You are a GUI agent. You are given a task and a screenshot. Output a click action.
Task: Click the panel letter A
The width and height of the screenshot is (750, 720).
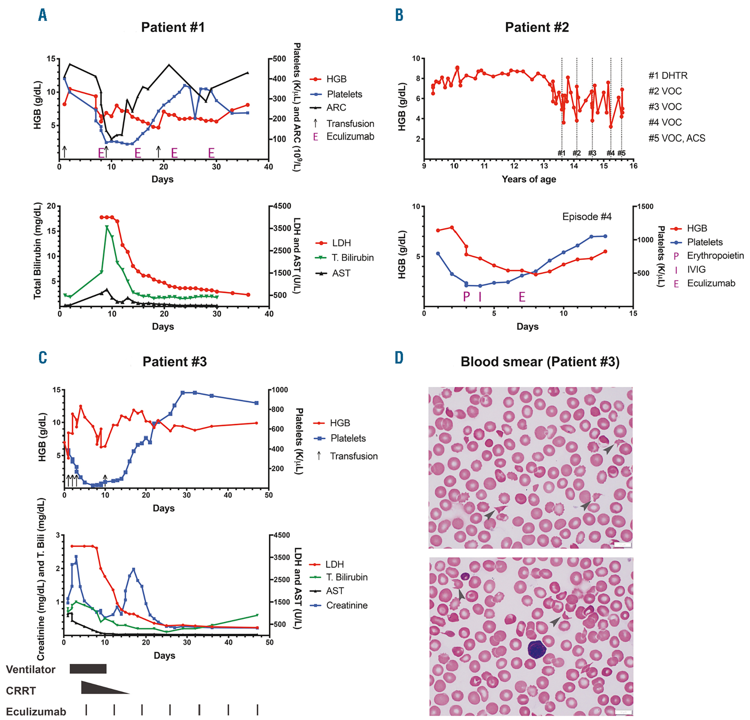[42, 15]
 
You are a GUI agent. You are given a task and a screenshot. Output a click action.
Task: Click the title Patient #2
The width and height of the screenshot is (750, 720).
[537, 27]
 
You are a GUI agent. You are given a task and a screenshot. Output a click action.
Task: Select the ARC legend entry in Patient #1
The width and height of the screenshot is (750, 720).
[336, 108]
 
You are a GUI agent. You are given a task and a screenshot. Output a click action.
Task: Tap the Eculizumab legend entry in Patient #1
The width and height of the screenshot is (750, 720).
[350, 136]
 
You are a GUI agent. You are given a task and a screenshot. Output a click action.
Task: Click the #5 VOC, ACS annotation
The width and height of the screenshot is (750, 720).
[676, 138]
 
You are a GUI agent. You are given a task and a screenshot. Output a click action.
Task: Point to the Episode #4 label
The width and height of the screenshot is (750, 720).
[586, 216]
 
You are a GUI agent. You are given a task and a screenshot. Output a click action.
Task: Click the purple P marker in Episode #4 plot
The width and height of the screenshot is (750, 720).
[466, 296]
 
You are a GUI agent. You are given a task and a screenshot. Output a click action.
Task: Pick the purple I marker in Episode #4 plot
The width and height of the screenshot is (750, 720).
[480, 296]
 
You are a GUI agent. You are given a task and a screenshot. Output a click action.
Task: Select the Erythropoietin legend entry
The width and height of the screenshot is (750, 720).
[715, 255]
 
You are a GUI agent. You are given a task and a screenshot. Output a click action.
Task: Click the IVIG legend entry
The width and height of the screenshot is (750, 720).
[696, 269]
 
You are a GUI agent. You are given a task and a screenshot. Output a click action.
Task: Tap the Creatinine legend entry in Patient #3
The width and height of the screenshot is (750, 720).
[346, 605]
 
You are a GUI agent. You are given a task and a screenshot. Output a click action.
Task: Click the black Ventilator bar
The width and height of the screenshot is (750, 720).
[88, 669]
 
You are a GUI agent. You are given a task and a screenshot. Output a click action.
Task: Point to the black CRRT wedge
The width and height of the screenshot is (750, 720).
[96, 688]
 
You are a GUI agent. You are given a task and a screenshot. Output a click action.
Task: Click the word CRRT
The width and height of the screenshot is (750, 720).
[21, 690]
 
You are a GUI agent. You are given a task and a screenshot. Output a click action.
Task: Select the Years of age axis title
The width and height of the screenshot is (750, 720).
[529, 179]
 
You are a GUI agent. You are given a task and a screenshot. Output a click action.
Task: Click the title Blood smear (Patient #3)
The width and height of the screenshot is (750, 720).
[540, 361]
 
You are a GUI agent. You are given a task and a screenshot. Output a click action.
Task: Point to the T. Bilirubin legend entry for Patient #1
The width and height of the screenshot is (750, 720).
[352, 258]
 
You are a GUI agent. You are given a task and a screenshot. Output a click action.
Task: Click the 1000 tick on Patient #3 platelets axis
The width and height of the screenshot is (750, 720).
[279, 390]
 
